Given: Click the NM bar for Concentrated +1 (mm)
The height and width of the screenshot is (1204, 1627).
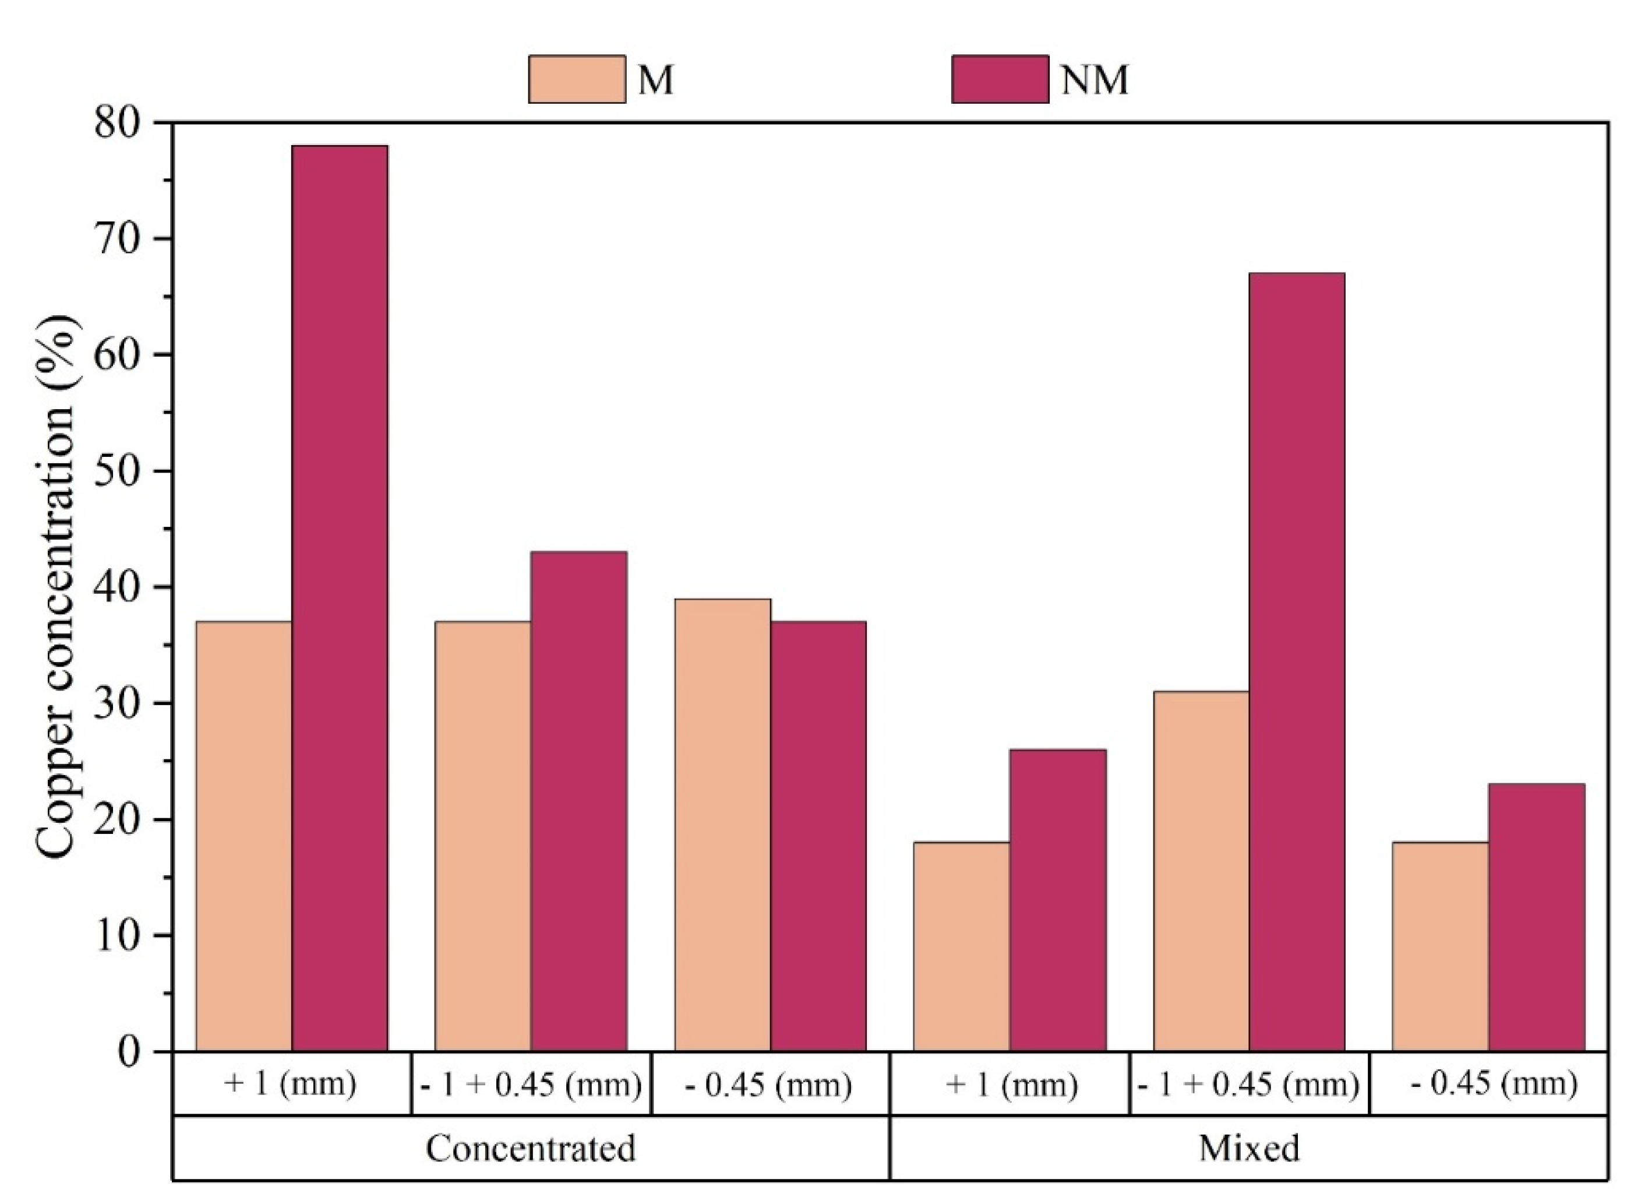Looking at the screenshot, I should pyautogui.click(x=340, y=597).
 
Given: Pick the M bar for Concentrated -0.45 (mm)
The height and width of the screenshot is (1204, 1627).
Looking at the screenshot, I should pyautogui.click(x=723, y=823).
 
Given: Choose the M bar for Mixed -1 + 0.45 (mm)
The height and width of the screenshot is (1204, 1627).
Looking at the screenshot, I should pyautogui.click(x=1202, y=870).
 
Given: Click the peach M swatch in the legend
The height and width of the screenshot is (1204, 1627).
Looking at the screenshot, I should pyautogui.click(x=576, y=79).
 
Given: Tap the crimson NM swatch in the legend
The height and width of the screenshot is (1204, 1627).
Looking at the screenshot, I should pyautogui.click(x=1000, y=79).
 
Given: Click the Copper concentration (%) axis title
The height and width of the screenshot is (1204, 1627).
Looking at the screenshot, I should pyautogui.click(x=57, y=587).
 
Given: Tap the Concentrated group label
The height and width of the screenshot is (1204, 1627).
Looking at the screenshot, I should pyautogui.click(x=531, y=1149).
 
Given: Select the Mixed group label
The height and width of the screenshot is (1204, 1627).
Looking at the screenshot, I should pyautogui.click(x=1249, y=1149).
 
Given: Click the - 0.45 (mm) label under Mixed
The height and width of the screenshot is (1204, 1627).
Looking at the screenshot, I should pyautogui.click(x=1494, y=1085).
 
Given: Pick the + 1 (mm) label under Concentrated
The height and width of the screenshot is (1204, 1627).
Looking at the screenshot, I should pyautogui.click(x=291, y=1085).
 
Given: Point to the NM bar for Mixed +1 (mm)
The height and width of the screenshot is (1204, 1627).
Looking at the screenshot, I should pyautogui.click(x=1057, y=899).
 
